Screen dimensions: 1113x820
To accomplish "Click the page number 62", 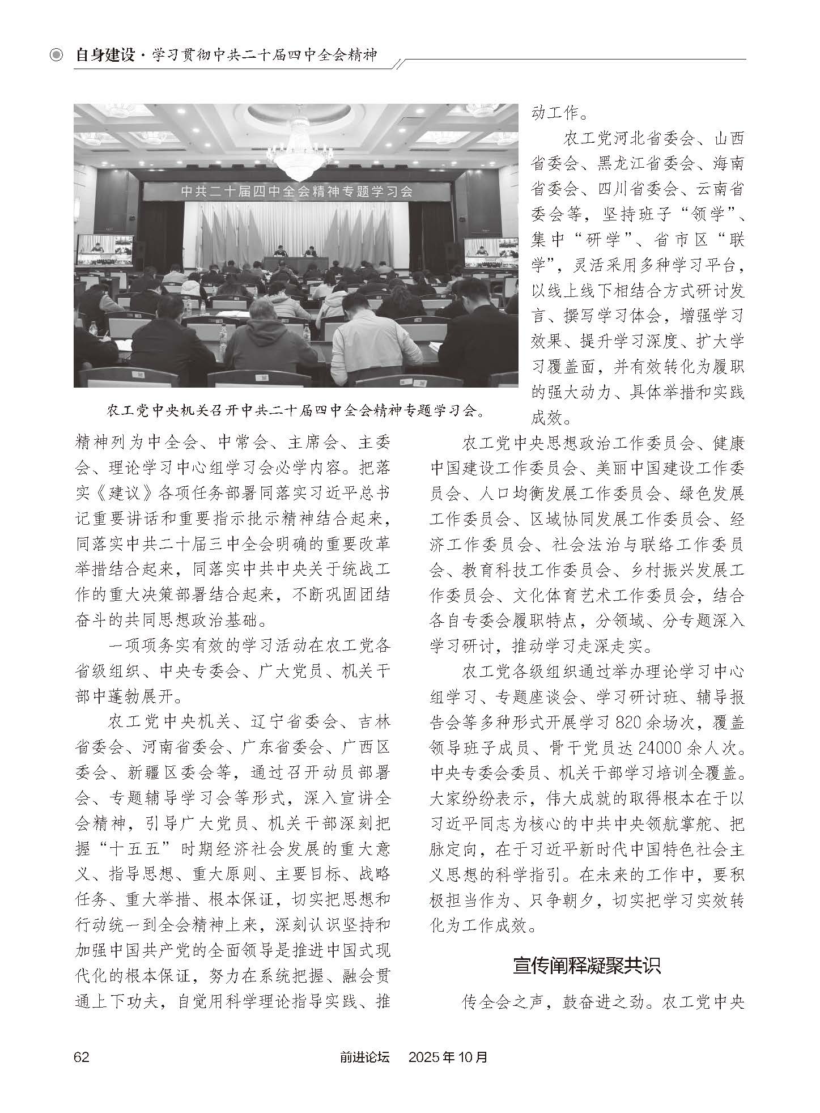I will coord(82,1057).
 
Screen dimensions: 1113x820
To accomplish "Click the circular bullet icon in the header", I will coord(56,55).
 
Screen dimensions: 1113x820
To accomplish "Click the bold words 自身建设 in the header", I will coord(105,55).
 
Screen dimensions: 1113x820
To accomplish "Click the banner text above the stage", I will coord(296,191).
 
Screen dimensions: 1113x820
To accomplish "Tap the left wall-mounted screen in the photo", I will coord(105,250).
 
